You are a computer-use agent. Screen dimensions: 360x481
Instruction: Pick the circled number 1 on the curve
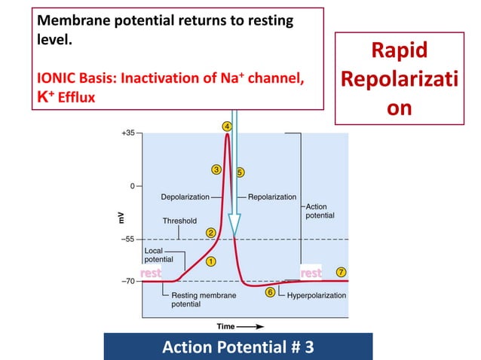tap(211, 261)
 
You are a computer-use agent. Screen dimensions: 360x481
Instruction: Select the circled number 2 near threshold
tap(211, 233)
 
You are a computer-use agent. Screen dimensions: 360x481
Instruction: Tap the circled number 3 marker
tap(216, 169)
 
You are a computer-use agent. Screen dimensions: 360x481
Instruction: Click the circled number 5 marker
tap(240, 172)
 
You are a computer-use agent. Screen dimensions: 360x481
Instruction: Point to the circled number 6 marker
tap(270, 292)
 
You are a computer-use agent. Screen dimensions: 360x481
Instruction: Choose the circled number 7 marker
tap(342, 271)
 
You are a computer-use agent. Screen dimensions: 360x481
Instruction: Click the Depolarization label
tap(185, 197)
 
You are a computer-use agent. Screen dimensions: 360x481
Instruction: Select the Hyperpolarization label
tap(317, 295)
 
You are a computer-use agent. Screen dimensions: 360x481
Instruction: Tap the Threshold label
tap(179, 221)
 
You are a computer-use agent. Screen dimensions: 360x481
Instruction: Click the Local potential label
tap(158, 254)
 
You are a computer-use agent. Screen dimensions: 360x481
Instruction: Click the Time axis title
tap(225, 326)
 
